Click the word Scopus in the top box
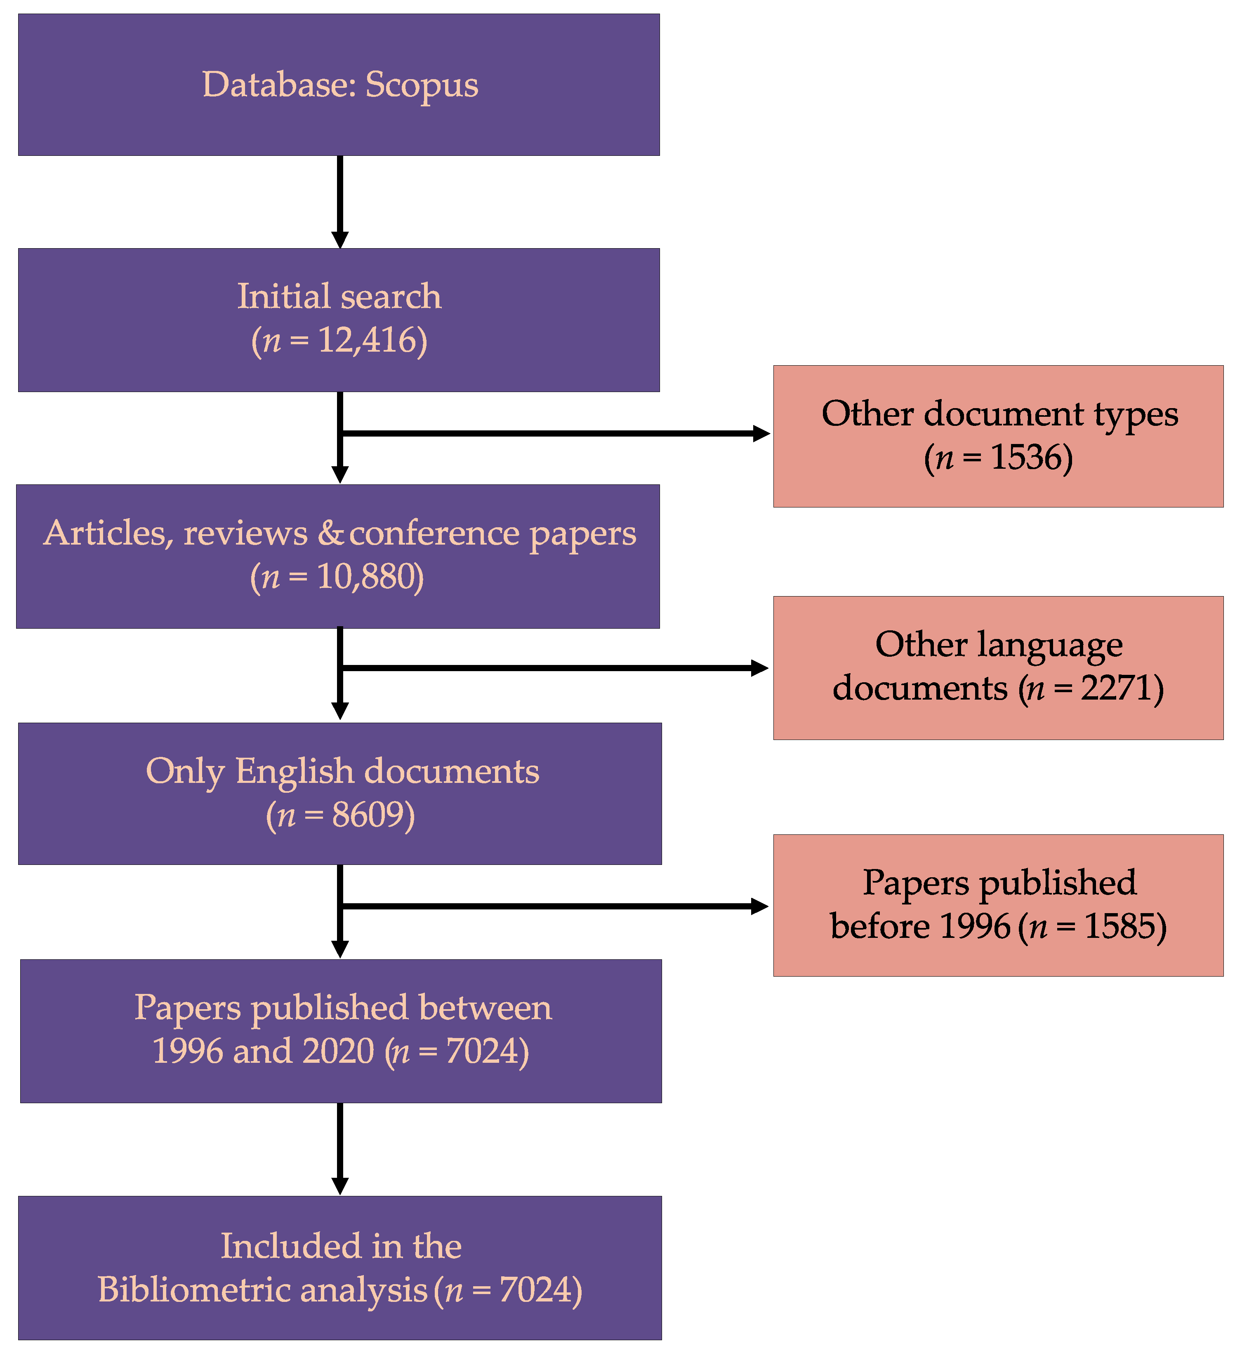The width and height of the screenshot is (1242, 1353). click(422, 85)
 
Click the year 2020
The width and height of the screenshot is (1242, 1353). click(338, 1051)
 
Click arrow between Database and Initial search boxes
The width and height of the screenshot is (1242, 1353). click(340, 202)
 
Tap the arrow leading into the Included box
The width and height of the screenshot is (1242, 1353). click(340, 1149)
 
